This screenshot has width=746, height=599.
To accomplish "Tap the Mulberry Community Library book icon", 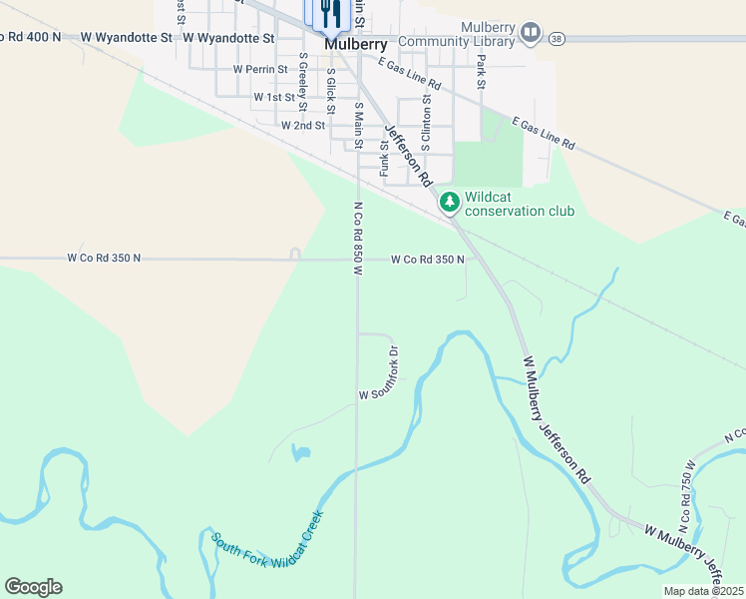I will click(x=531, y=34).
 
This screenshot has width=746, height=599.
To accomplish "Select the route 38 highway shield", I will click(x=556, y=38).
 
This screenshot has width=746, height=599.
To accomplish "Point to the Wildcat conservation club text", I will click(x=519, y=205).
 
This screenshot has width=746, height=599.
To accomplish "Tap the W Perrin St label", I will click(x=260, y=70).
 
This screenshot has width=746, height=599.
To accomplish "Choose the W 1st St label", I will click(x=274, y=98).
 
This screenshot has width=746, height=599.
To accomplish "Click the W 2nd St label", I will click(x=303, y=126).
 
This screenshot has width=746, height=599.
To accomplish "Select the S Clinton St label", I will click(x=426, y=120).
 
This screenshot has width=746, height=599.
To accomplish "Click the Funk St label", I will click(x=384, y=158).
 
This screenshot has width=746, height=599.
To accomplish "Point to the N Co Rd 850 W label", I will click(x=356, y=238).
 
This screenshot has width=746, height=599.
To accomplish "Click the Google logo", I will click(x=33, y=587).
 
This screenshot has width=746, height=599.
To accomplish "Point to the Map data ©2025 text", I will click(x=704, y=591).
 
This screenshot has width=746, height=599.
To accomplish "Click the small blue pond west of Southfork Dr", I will click(x=300, y=453).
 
